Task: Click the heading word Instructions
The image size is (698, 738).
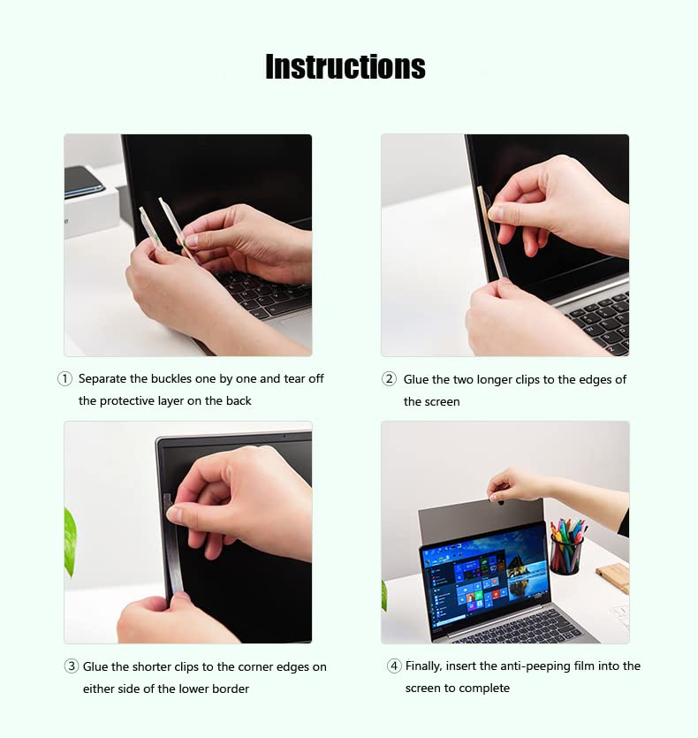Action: point(345,66)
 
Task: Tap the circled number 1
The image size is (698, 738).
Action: point(64,379)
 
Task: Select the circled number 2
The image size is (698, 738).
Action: point(389,379)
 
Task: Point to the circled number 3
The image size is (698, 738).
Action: point(71,666)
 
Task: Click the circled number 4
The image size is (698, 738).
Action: point(394,666)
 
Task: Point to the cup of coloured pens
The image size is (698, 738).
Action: point(566,546)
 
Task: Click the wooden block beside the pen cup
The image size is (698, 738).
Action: point(612,577)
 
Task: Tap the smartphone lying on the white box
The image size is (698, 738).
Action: point(84,182)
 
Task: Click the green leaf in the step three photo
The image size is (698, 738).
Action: point(70,542)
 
